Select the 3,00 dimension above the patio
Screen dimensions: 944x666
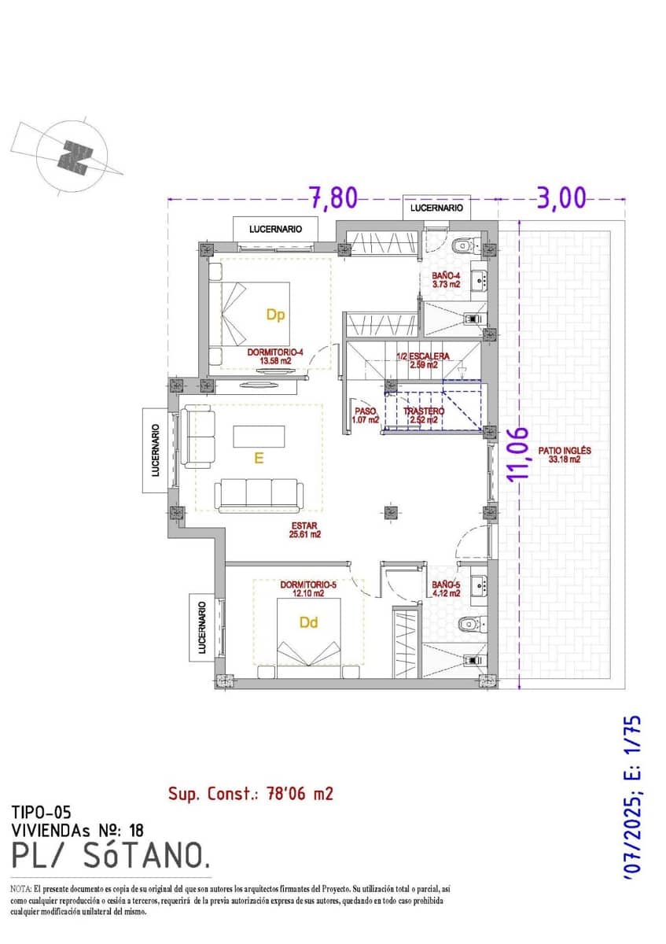point(561,198)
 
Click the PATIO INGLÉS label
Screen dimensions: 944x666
point(564,455)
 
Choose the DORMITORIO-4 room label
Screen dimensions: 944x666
point(274,356)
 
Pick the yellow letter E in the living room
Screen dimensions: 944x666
point(258,458)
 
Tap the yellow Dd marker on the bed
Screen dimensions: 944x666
point(308,622)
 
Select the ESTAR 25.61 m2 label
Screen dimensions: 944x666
point(304,529)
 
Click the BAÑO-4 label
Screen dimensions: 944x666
point(446,280)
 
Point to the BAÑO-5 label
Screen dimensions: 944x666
point(445,589)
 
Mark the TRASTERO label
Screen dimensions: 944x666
point(424,415)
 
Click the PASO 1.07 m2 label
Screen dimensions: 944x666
point(366,415)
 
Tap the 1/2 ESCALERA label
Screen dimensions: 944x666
point(423,360)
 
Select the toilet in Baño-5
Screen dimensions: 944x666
point(469,624)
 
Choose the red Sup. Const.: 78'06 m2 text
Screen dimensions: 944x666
point(250,794)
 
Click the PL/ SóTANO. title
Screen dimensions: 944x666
point(111,854)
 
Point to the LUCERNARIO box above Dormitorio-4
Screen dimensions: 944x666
point(275,229)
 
